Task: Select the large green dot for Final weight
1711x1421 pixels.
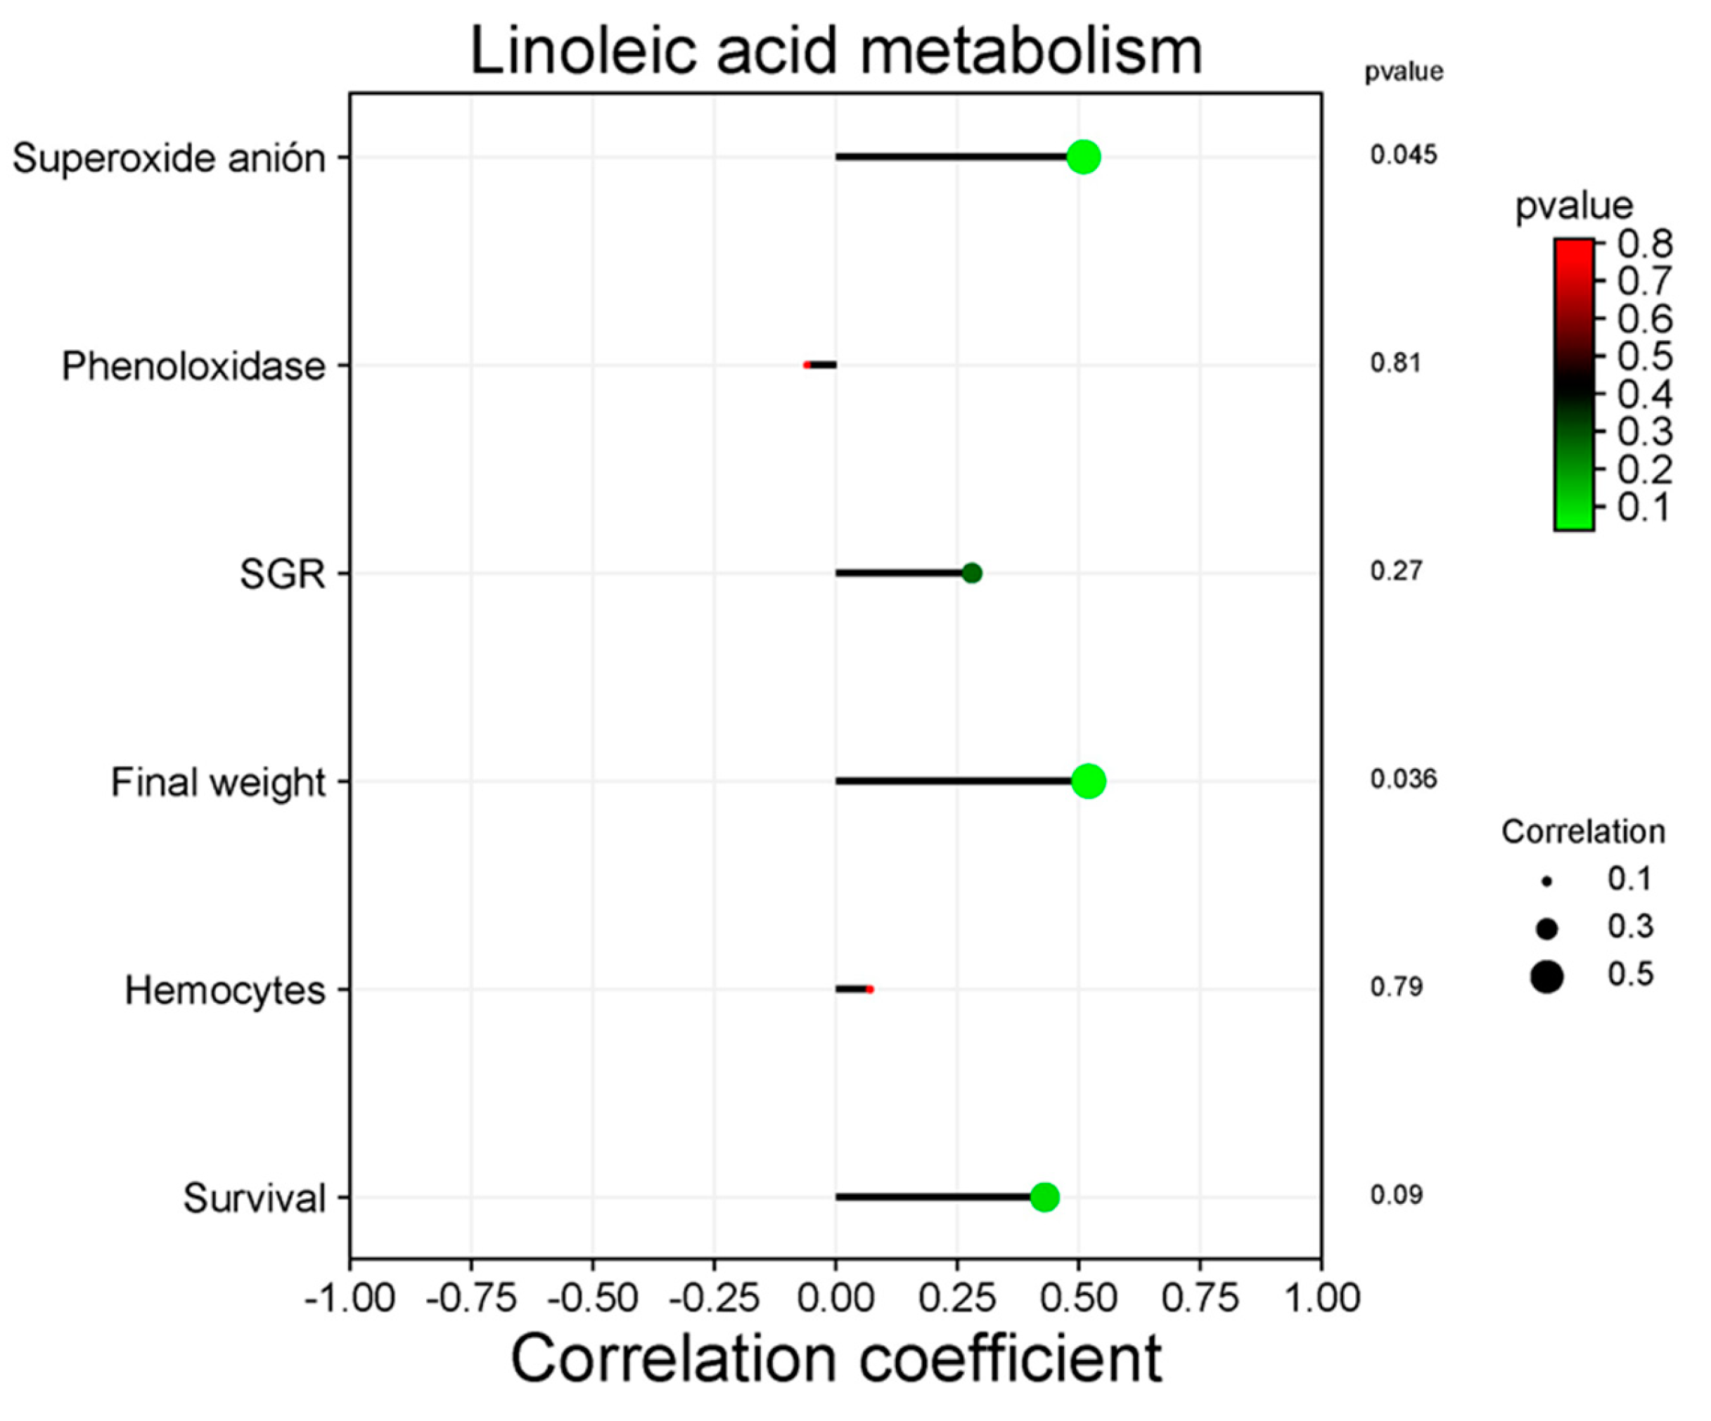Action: (1089, 781)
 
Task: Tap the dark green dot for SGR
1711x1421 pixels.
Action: (971, 573)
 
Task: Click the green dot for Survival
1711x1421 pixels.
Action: (1044, 1197)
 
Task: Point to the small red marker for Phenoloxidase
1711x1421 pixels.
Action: (807, 365)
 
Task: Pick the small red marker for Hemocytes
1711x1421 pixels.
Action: (869, 989)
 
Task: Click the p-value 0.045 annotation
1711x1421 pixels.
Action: (1403, 155)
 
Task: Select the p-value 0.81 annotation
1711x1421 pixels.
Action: (1395, 363)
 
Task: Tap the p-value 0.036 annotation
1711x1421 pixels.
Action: (1403, 779)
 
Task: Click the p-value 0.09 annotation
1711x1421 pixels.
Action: (1396, 1195)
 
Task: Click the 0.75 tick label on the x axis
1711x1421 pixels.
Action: (1199, 1298)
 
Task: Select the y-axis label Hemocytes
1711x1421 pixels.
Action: (225, 991)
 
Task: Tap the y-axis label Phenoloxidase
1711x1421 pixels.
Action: (193, 366)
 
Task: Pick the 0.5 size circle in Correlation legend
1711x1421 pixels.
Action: (1546, 976)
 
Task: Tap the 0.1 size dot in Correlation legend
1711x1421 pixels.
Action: (1546, 881)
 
